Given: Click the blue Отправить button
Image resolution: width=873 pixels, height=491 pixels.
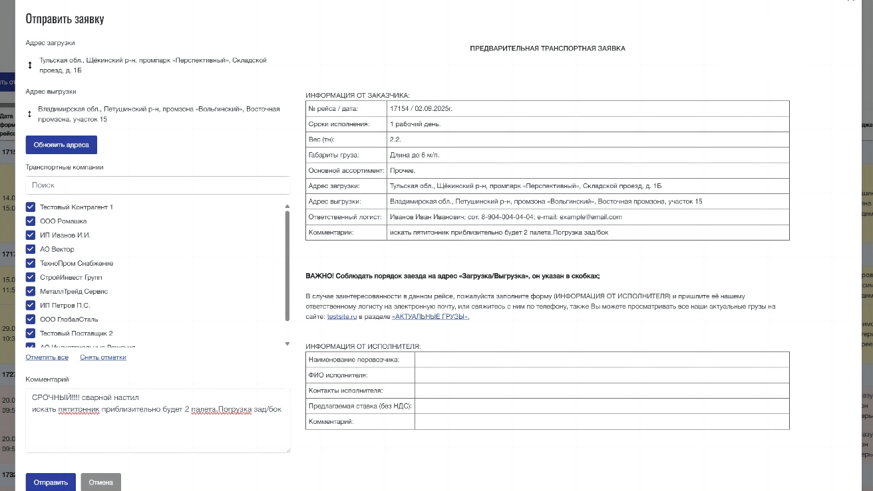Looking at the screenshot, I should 51,482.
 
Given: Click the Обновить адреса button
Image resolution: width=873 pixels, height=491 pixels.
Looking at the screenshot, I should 61,145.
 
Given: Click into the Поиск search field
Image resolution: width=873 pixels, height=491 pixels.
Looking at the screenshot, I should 158,185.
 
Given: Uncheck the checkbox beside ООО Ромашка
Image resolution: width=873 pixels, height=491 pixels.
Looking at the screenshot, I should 31,221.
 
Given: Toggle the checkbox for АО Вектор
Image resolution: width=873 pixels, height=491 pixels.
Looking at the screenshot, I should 31,249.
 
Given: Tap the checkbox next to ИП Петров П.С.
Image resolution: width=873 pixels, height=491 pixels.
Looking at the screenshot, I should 31,306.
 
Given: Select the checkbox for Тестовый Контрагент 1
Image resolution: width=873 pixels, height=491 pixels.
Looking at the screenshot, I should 31,207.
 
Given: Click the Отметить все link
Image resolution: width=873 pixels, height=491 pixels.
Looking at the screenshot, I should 47,357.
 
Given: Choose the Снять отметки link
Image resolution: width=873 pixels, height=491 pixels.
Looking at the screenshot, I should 102,357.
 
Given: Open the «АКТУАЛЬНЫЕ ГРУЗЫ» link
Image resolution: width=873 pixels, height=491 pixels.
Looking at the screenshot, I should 430,317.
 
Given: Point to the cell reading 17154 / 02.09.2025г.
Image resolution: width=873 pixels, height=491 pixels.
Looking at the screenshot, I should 426,108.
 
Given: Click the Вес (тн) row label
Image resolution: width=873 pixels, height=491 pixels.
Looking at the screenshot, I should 321,140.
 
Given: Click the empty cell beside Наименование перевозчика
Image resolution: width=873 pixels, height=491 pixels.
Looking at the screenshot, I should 602,359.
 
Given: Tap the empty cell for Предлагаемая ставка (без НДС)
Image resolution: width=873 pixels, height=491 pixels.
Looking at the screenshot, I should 602,406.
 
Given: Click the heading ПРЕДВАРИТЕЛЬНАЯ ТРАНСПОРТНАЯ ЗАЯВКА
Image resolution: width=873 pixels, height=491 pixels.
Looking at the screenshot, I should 547,49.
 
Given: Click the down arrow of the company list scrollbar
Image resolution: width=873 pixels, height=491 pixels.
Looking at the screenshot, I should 287,344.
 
